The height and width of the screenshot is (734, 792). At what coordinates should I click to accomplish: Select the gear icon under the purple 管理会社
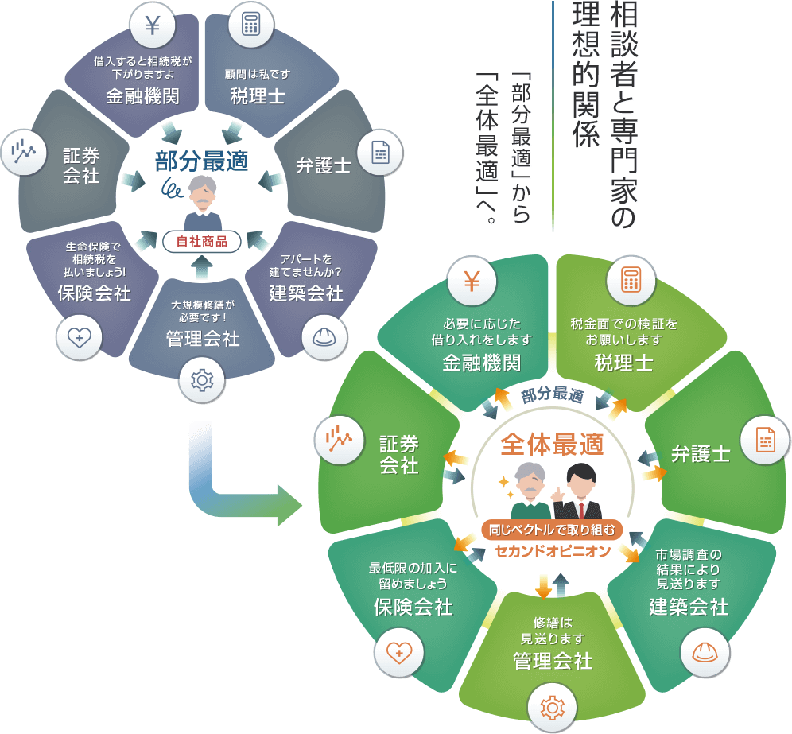[x=202, y=380]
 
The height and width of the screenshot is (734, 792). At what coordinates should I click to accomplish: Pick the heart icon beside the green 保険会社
[x=398, y=653]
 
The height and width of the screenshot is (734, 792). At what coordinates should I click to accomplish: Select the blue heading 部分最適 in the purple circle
[x=201, y=161]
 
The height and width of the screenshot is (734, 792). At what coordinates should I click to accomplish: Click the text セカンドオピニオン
[x=552, y=550]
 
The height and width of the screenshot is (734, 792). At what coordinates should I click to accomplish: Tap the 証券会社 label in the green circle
[x=398, y=455]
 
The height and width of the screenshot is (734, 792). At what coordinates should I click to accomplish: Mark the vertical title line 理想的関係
[x=586, y=76]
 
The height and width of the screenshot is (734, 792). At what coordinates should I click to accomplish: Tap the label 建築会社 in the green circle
[x=688, y=607]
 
